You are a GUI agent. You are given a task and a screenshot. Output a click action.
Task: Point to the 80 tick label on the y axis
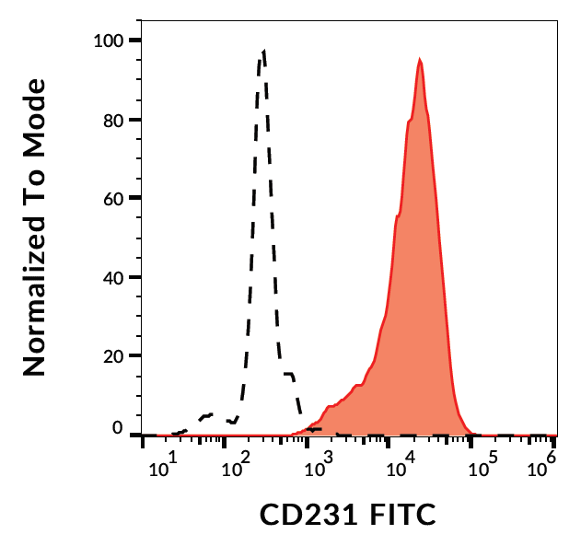[x=115, y=120]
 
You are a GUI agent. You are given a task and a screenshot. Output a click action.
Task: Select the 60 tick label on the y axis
[x=115, y=198]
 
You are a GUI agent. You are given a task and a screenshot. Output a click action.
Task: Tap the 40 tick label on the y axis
[x=115, y=277]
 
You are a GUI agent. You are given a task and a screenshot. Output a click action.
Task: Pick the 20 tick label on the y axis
[x=115, y=355]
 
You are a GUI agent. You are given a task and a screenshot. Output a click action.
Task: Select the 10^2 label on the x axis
[x=238, y=469]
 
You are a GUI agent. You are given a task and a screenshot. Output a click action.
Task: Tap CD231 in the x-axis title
[x=300, y=514]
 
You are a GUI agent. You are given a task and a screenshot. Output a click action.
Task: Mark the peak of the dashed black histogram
[x=263, y=52]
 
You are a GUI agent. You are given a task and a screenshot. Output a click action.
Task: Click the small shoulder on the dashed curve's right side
[x=289, y=374]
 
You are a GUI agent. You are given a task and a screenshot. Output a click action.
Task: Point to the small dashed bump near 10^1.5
[x=208, y=415]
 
